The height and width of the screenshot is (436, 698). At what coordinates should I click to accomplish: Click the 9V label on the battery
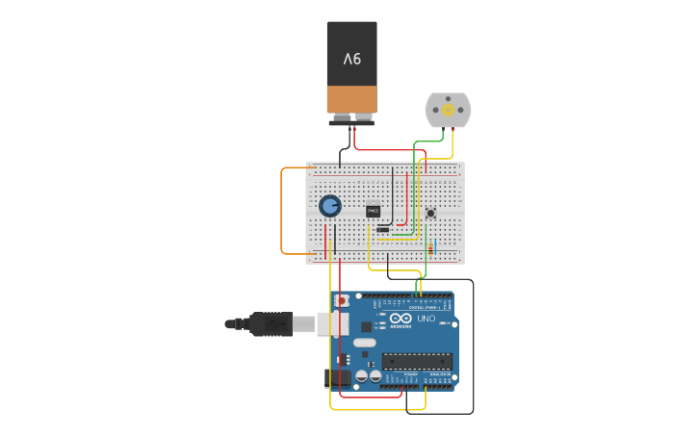[x=351, y=60]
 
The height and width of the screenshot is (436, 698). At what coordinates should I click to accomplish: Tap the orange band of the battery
[x=351, y=99]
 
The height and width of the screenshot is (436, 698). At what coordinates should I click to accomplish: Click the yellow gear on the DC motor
[x=448, y=110]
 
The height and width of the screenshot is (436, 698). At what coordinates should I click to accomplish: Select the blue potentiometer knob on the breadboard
[x=330, y=206]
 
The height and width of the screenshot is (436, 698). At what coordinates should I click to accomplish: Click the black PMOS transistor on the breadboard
[x=374, y=211]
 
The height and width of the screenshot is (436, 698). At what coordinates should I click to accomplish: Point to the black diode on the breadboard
[x=383, y=229]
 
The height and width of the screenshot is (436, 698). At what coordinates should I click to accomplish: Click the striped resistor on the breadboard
[x=429, y=248]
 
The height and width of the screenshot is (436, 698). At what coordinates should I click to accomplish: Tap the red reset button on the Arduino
[x=342, y=301]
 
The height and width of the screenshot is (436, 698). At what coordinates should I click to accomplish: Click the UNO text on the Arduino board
[x=426, y=319]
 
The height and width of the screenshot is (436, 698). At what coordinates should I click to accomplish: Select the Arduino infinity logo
[x=401, y=319]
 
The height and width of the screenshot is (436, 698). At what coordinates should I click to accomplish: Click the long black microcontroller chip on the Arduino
[x=416, y=362]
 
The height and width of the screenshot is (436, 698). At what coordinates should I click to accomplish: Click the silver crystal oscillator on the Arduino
[x=364, y=343]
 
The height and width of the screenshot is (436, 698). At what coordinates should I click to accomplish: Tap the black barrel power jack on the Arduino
[x=338, y=377]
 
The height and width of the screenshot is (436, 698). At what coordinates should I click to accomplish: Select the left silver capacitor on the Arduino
[x=361, y=376]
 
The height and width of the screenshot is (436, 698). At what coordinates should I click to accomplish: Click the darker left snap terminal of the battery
[x=340, y=118]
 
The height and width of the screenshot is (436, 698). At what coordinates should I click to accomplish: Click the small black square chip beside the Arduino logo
[x=366, y=326]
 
